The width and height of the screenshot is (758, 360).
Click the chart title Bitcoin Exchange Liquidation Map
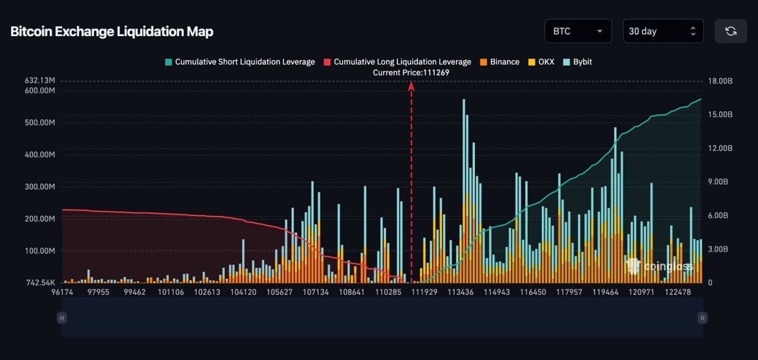(112, 32)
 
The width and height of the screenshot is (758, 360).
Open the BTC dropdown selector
(577, 31)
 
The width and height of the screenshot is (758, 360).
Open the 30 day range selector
(663, 31)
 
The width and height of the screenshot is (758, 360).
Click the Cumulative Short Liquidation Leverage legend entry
(239, 62)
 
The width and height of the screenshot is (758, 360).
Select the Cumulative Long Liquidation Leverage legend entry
(397, 62)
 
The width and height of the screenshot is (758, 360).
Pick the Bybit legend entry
(577, 62)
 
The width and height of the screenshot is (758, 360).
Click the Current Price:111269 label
(411, 73)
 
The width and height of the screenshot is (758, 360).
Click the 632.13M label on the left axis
(40, 81)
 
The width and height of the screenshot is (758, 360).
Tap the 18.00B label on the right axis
(720, 81)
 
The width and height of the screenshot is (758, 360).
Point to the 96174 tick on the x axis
(62, 292)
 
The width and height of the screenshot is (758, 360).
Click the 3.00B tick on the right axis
(720, 249)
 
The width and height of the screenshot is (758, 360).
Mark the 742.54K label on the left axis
(40, 282)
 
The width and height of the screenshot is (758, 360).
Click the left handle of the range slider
(62, 318)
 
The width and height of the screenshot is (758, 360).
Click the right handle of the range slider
(702, 318)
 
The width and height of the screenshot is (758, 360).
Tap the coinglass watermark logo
(660, 266)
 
